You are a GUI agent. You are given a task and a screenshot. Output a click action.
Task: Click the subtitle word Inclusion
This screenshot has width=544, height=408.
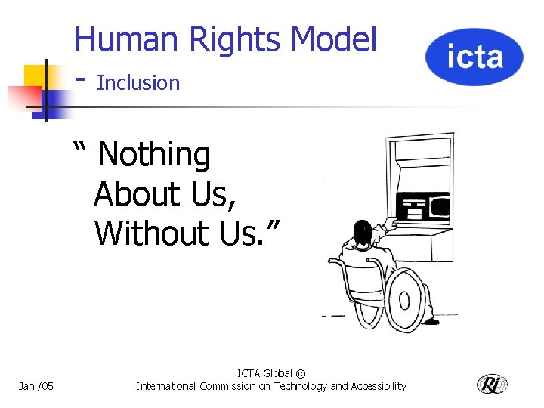coord(138,82)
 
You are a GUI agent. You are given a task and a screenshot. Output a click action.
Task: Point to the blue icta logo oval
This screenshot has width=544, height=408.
coord(474,57)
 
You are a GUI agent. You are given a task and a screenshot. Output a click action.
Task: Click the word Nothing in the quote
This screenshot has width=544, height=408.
coord(154,155)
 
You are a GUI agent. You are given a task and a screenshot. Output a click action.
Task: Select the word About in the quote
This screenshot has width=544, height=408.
coord(134,194)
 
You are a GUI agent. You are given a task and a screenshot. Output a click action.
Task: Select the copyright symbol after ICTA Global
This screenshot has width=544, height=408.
coord(301,373)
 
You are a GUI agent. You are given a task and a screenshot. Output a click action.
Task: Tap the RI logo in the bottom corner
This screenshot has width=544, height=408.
coord(492,384)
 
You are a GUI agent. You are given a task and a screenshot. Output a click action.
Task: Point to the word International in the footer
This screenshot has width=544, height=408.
coord(166,386)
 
